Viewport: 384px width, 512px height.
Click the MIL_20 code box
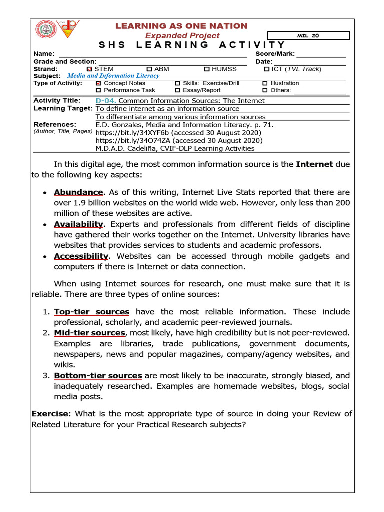pyautogui.click(x=308, y=36)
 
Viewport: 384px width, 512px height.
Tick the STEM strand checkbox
pyautogui.click(x=90, y=69)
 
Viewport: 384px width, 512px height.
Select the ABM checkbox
pyautogui.click(x=149, y=69)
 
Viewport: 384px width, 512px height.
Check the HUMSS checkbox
pyautogui.click(x=207, y=69)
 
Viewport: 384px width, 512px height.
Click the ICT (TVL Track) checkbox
pyautogui.click(x=266, y=69)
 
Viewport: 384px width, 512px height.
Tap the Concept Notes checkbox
pyautogui.click(x=98, y=83)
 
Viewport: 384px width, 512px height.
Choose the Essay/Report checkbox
pyautogui.click(x=178, y=90)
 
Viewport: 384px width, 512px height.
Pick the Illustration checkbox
pyautogui.click(x=265, y=83)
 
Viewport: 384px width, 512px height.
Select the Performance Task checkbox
pyautogui.click(x=98, y=90)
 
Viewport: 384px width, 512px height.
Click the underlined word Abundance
pyautogui.click(x=78, y=192)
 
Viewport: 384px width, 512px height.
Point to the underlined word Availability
pyautogui.click(x=79, y=224)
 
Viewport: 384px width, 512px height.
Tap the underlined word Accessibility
pyautogui.click(x=81, y=256)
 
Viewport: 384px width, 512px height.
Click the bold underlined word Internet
pyautogui.click(x=314, y=164)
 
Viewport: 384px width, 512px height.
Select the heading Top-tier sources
pyautogui.click(x=91, y=312)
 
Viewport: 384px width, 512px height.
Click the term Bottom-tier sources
pyautogui.click(x=98, y=376)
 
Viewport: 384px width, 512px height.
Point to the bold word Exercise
pyautogui.click(x=49, y=414)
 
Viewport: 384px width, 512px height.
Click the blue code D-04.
pyautogui.click(x=105, y=101)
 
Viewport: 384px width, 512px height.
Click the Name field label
pyautogui.click(x=43, y=54)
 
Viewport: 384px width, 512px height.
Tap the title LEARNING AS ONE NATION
pyautogui.click(x=182, y=26)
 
